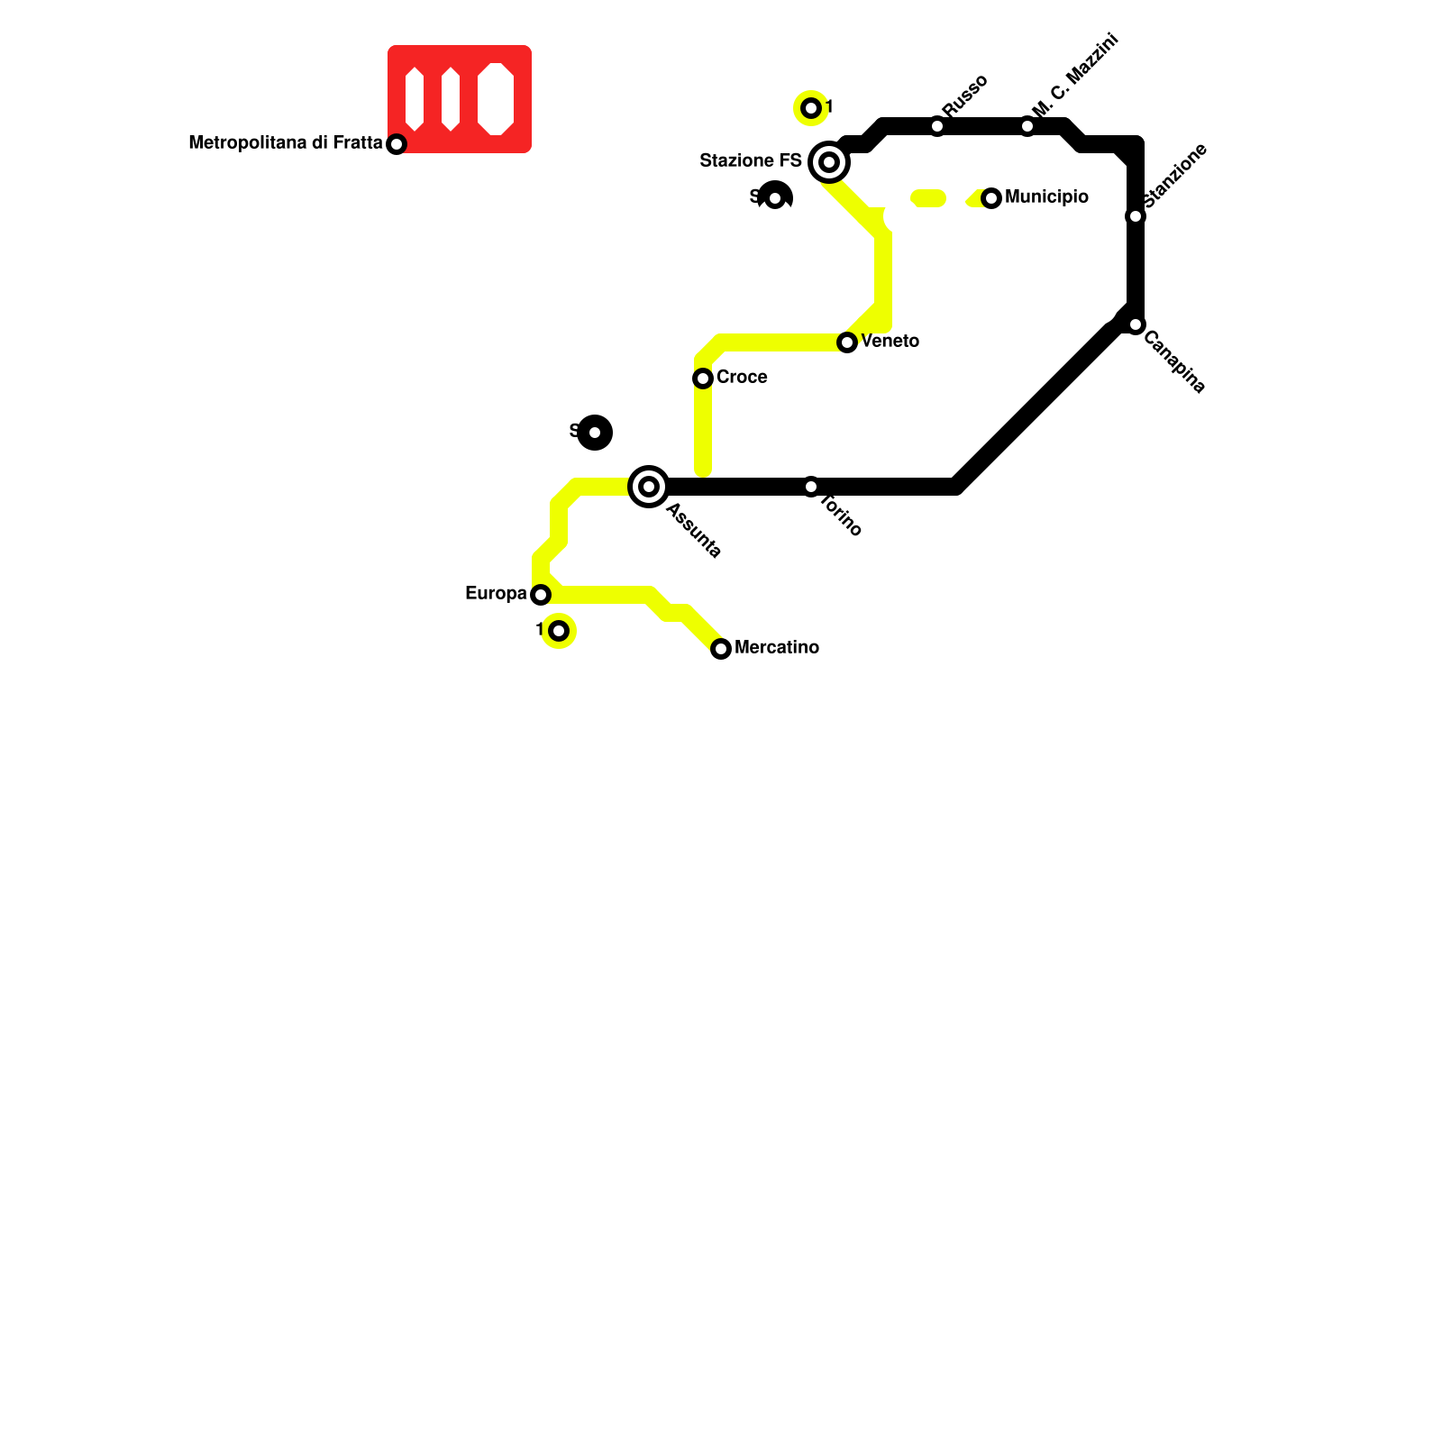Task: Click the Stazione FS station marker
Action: [829, 162]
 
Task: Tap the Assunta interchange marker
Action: [649, 487]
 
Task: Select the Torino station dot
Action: [811, 487]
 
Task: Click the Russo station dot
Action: [937, 126]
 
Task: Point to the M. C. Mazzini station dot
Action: [1027, 126]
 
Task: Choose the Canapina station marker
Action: [1136, 324]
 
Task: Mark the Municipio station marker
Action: [991, 198]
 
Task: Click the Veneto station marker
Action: [847, 342]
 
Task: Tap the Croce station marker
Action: [703, 379]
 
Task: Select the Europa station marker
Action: [541, 595]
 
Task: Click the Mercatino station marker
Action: [721, 649]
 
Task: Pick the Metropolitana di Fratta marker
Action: [397, 144]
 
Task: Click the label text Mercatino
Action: [777, 648]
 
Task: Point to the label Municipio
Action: [1046, 197]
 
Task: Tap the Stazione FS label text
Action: [751, 161]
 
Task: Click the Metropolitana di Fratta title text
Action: [285, 143]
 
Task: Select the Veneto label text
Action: [890, 342]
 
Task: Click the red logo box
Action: [460, 99]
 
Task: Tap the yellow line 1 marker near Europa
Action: [559, 631]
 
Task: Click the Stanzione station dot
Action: [1136, 216]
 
